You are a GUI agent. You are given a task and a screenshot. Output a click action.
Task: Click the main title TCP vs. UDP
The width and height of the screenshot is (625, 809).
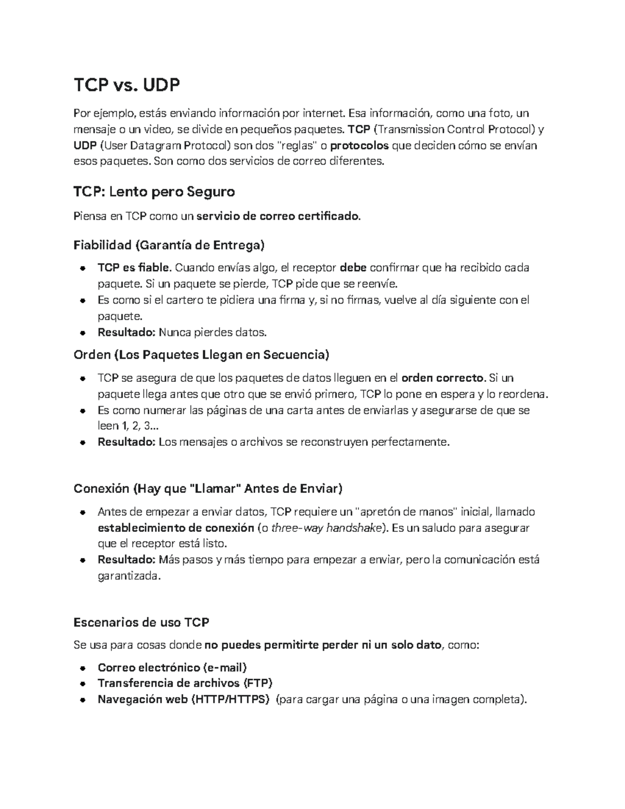(127, 85)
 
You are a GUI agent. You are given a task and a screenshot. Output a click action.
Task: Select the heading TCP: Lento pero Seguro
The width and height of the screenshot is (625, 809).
(154, 192)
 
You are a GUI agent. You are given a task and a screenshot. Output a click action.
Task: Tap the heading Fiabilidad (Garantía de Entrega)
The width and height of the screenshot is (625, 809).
(169, 245)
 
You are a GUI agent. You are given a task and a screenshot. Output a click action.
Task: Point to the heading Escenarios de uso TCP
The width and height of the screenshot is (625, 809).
(141, 622)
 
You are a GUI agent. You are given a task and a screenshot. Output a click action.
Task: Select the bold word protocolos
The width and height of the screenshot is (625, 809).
(359, 145)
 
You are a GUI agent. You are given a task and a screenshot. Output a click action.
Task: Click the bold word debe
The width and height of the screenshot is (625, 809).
(353, 268)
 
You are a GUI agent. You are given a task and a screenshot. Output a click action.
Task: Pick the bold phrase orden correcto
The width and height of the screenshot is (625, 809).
(444, 378)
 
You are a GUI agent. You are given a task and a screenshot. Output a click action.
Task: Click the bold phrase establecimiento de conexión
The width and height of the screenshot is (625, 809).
(176, 528)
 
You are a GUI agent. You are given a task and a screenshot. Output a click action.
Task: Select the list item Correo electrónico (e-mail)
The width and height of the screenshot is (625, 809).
(172, 667)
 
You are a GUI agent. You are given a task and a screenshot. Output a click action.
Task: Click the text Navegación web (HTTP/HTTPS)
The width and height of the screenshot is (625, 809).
(183, 699)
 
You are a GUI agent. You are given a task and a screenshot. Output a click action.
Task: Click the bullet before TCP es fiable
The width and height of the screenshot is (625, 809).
(83, 268)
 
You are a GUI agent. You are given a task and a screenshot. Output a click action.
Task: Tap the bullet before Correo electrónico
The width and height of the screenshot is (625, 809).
(83, 668)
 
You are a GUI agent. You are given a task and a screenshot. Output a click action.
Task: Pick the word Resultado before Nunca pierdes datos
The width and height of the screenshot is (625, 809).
(127, 332)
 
